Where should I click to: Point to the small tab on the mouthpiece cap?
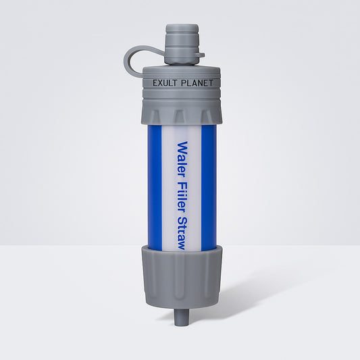tap(200, 55)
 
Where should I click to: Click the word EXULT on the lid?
tap(162, 84)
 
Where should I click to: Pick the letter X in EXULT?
tap(158, 84)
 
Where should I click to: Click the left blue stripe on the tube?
tap(153, 186)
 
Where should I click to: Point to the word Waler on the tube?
tap(182, 156)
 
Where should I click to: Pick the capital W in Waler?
tap(182, 145)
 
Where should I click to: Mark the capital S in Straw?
tap(182, 221)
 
